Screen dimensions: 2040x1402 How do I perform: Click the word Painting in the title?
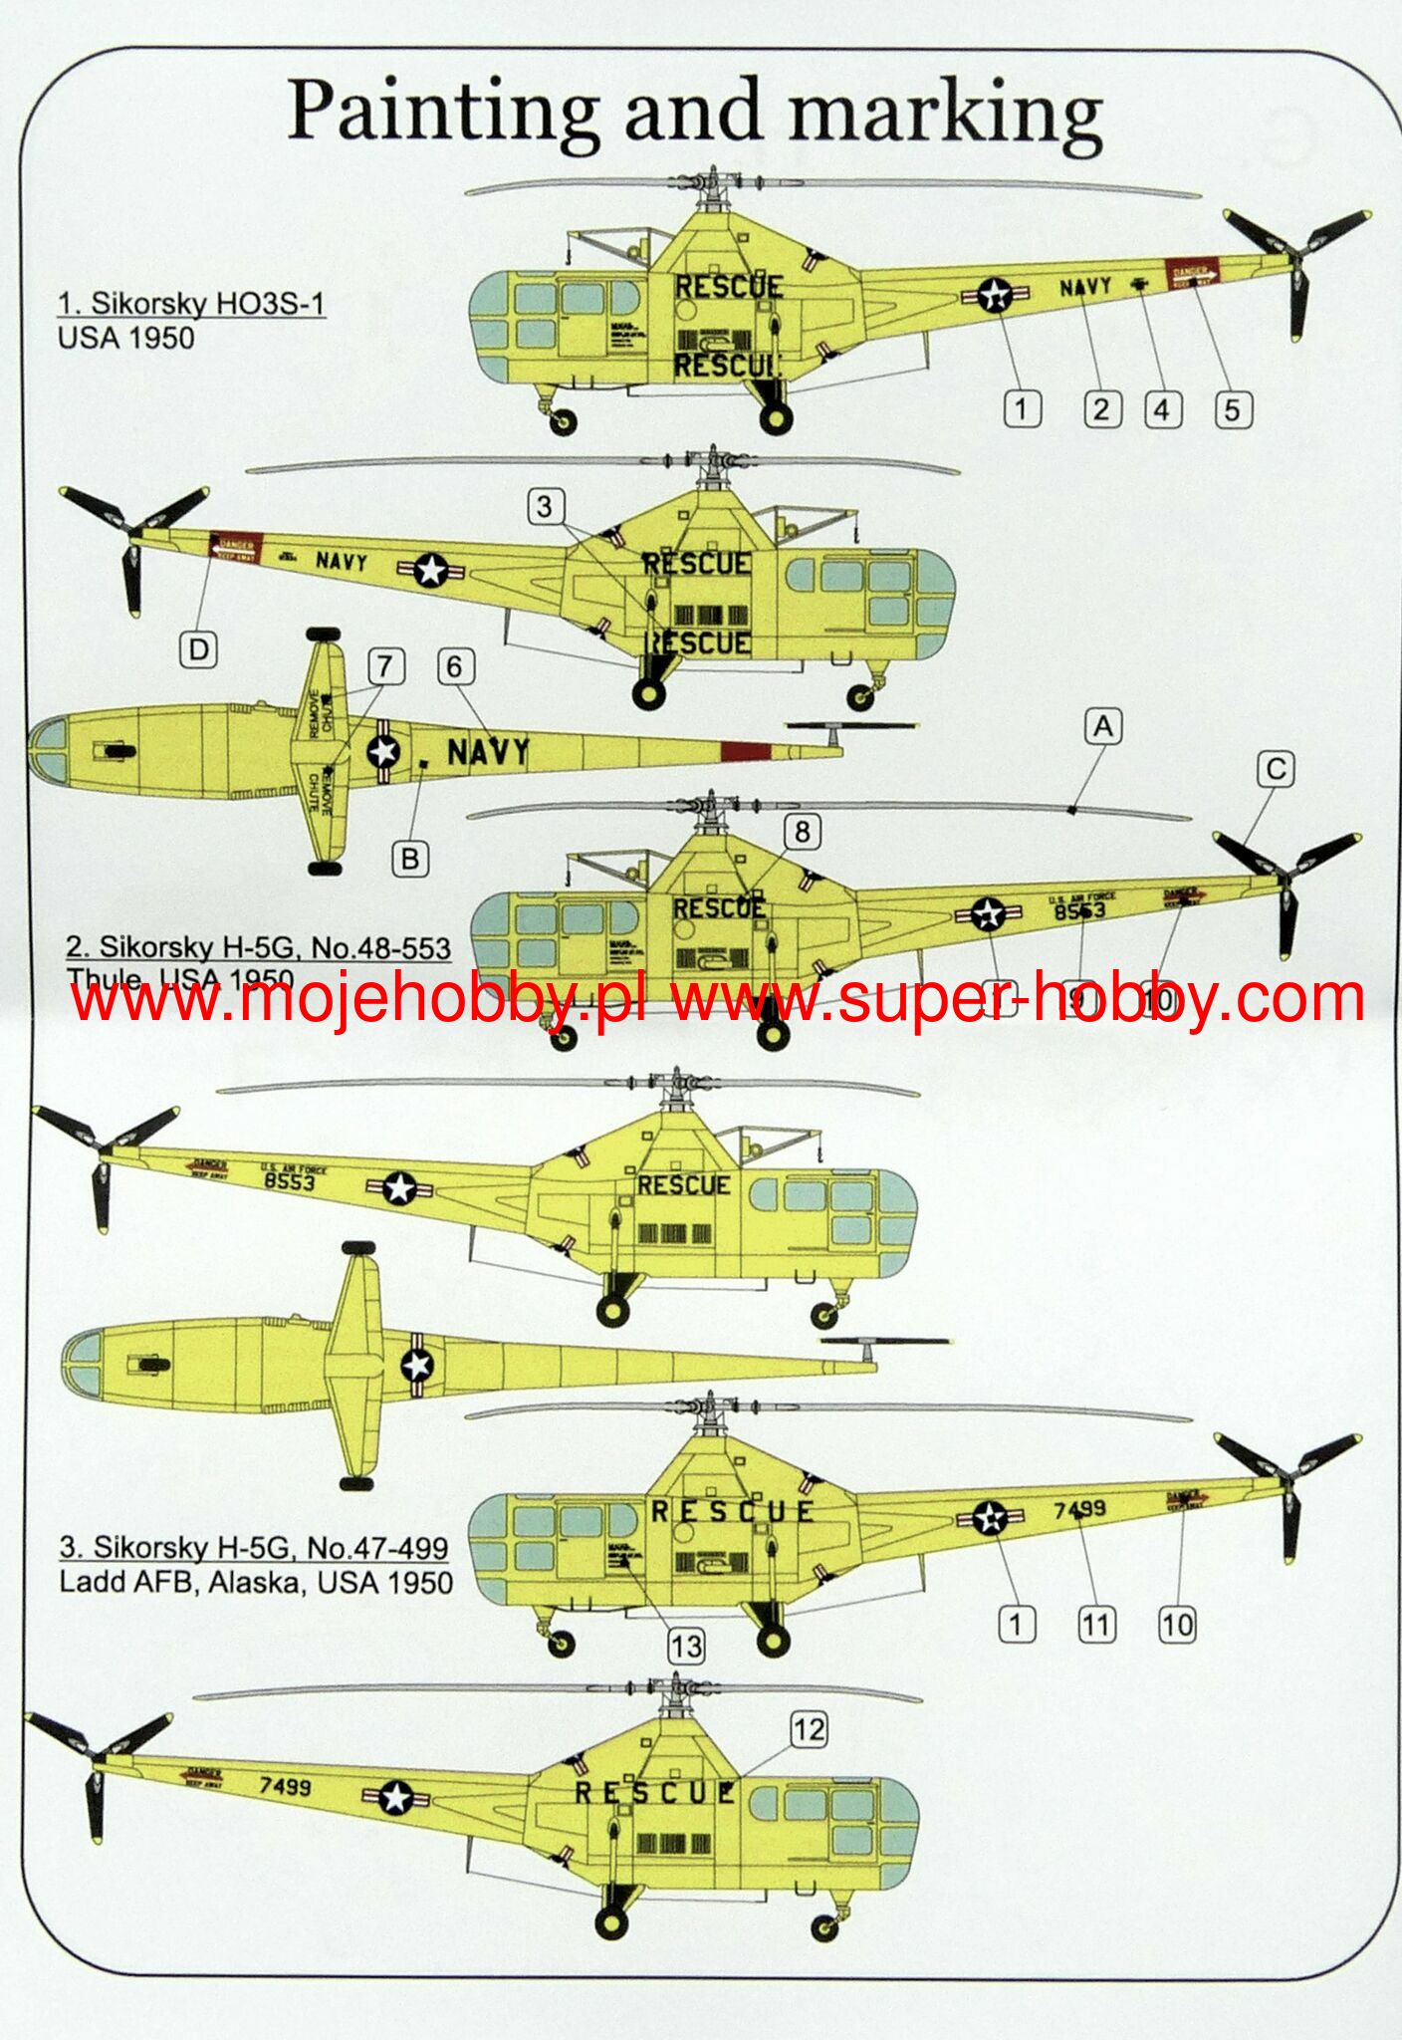click(443, 112)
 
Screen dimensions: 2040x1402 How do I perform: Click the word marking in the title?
click(945, 112)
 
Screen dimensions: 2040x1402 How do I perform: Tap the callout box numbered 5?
click(1232, 409)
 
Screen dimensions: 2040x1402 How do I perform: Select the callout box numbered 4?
click(1162, 409)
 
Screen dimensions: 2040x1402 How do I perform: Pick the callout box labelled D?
click(199, 650)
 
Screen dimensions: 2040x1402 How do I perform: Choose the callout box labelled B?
click(409, 858)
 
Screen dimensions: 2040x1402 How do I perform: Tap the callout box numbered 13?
click(686, 1646)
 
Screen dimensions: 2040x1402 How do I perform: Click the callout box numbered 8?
click(802, 831)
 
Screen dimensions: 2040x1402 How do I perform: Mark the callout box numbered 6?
click(455, 666)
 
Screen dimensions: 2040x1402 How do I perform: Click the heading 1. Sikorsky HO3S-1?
click(191, 303)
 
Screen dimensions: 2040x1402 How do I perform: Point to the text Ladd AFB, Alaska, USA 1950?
click(256, 1582)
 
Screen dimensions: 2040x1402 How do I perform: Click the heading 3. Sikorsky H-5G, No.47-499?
click(254, 1547)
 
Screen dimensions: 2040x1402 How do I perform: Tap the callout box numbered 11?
click(1095, 1625)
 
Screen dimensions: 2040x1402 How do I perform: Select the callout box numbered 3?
click(544, 506)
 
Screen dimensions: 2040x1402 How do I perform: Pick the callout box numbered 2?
click(1101, 409)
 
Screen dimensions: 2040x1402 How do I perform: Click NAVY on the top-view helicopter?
click(488, 752)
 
